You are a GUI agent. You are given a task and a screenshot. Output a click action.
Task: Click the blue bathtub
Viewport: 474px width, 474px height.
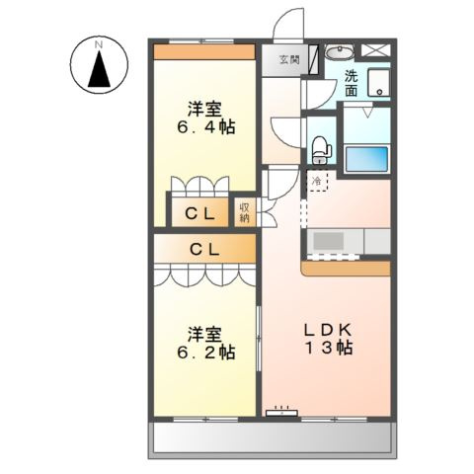tap(369, 159)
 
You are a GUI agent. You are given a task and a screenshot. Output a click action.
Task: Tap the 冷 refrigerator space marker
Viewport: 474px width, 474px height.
tap(317, 182)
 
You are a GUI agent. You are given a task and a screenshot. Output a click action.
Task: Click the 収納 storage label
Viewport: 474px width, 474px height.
tap(245, 211)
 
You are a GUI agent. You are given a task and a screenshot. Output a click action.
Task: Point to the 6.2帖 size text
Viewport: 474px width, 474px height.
tap(204, 352)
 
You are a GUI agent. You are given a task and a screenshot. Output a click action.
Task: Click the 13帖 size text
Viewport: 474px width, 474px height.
tap(327, 349)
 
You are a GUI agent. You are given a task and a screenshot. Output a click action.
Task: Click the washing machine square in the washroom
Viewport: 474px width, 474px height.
tap(380, 85)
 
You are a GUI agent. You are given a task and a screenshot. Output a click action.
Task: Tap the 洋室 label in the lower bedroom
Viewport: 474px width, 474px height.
tap(204, 333)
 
